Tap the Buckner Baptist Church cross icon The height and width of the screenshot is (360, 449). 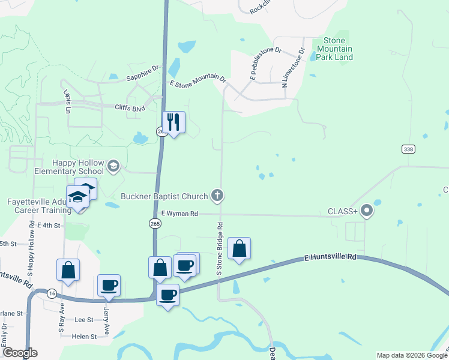(x=217, y=195)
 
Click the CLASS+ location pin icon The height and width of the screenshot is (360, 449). (x=367, y=211)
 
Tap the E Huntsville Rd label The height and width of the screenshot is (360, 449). (x=330, y=257)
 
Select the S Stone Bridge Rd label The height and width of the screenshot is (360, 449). (x=220, y=248)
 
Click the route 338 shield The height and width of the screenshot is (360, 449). (x=408, y=148)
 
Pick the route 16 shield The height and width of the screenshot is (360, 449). (x=52, y=293)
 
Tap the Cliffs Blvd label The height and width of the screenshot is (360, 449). (x=130, y=108)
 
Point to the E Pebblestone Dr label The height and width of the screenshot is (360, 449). (x=265, y=62)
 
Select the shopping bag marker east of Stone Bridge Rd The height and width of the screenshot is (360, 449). (x=239, y=249)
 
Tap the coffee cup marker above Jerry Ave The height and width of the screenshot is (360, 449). (x=109, y=285)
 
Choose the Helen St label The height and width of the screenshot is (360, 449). (x=84, y=337)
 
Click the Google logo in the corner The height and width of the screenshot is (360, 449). (x=20, y=353)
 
